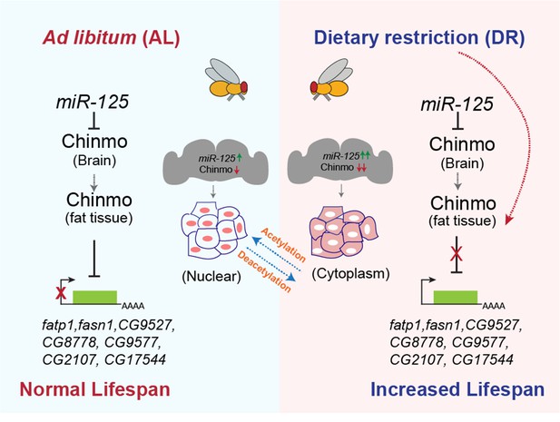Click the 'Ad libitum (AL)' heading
(111, 38)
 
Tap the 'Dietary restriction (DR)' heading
(420, 38)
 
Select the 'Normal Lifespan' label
(94, 388)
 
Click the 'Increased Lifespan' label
(457, 388)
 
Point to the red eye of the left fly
(243, 87)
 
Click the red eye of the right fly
(314, 87)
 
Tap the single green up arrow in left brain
(240, 157)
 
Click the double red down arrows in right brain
(362, 168)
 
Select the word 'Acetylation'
(284, 245)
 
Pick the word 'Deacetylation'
(264, 272)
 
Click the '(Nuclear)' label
(211, 276)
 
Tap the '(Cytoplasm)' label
(350, 274)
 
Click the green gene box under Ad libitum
(95, 298)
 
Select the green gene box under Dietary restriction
(456, 298)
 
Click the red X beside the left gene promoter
(61, 293)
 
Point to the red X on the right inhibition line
(456, 254)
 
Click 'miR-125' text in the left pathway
(93, 103)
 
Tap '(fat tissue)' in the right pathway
(462, 221)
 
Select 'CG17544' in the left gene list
(135, 359)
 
